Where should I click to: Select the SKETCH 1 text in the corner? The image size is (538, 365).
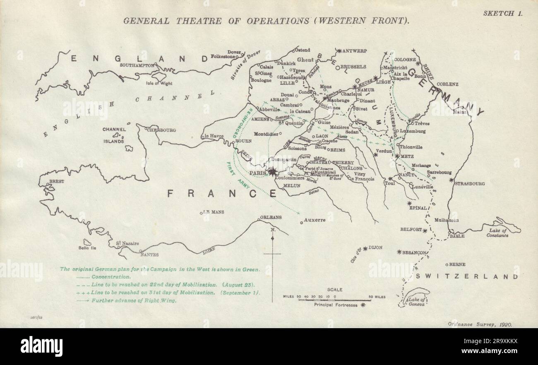coord(502,13)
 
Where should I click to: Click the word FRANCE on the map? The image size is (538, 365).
coord(222,193)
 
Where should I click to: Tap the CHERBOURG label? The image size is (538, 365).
coord(161,130)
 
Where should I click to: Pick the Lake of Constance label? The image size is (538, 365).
coord(497,233)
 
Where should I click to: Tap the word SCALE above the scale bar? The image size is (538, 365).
coord(334,290)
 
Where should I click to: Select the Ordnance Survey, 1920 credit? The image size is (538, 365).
coord(480,325)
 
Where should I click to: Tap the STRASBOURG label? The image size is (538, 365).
coord(470,183)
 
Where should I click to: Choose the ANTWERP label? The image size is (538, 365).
coord(355,51)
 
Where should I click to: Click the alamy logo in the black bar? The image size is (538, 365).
coord(42,346)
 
